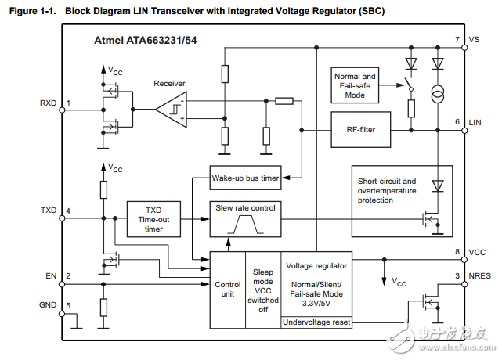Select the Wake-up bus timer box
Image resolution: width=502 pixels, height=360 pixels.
[x=245, y=178]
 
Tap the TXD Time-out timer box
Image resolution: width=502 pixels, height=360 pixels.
[x=153, y=220]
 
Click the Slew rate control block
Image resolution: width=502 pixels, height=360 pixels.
[x=245, y=207]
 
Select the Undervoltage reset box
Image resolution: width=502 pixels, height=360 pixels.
[x=316, y=321]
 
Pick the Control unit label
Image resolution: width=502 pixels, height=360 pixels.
[x=228, y=289]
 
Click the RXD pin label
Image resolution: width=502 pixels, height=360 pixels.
[x=48, y=103]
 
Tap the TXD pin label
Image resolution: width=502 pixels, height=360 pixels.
[x=48, y=211]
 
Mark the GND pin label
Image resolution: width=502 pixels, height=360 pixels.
[x=48, y=304]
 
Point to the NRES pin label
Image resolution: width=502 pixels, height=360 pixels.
[x=480, y=275]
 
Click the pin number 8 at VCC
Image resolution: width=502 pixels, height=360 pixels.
[x=457, y=251]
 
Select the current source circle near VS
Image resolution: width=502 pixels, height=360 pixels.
[x=437, y=95]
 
